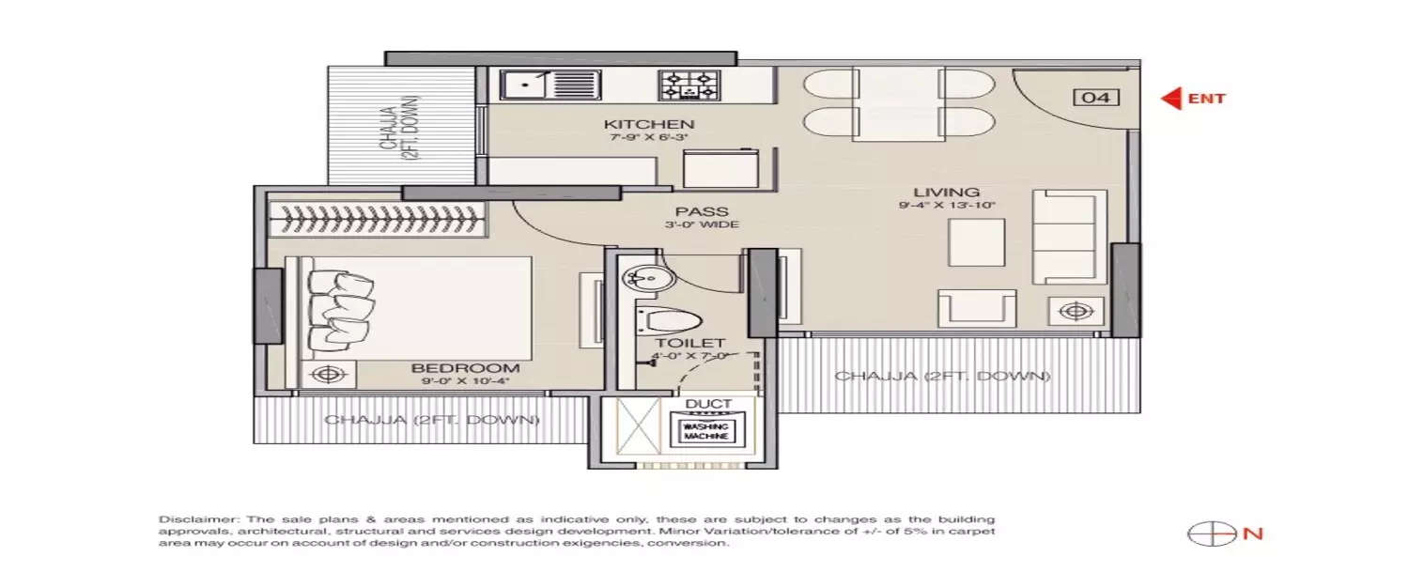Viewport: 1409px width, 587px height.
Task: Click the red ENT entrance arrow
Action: point(1171,98)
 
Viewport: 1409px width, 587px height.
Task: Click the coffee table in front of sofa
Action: point(977,242)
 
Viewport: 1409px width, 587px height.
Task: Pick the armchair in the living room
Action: point(977,308)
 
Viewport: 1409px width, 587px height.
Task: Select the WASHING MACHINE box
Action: point(706,432)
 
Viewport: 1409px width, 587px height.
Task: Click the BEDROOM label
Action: point(465,368)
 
